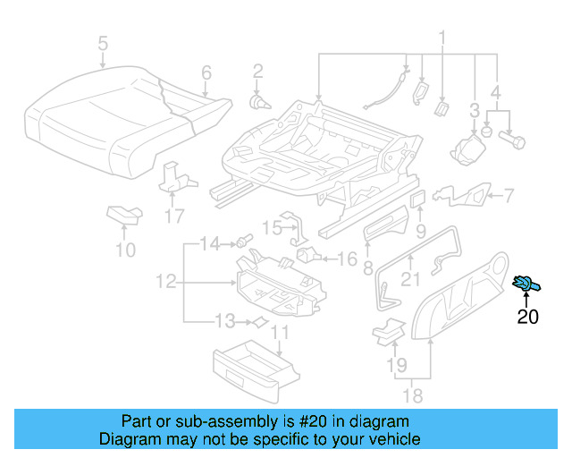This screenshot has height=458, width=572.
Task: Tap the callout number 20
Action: [528, 316]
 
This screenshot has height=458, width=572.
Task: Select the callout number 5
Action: [103, 43]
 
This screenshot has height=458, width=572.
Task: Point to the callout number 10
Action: [126, 250]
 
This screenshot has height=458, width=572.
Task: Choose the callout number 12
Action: [165, 282]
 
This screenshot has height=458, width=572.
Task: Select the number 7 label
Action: [508, 195]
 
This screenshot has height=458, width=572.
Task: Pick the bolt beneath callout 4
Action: [515, 140]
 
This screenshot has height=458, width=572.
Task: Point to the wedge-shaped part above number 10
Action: [123, 214]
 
